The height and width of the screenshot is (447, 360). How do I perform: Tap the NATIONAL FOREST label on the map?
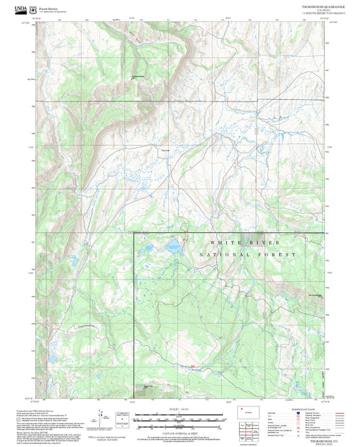[x=247, y=255]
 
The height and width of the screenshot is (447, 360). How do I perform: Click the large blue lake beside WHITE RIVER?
[x=173, y=243]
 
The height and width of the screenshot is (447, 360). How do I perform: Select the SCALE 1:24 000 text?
[x=180, y=409]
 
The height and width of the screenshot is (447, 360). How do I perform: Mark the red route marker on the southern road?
[x=193, y=367]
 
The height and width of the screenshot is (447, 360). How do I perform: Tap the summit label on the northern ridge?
[x=138, y=76]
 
